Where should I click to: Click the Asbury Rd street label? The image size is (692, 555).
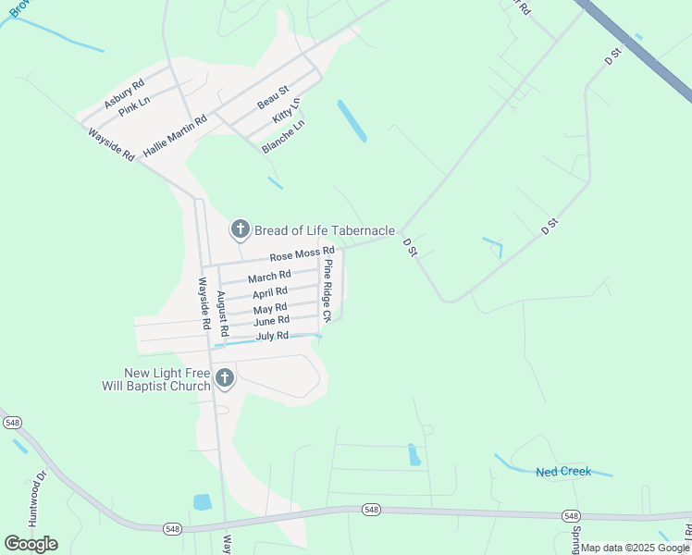[124, 94]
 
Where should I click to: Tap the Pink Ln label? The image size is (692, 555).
[135, 107]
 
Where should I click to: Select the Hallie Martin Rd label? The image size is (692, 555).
[175, 134]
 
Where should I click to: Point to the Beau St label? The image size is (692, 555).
[273, 94]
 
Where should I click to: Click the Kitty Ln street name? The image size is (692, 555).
[287, 112]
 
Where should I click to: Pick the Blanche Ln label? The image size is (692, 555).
[283, 136]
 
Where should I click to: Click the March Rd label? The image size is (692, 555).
[269, 277]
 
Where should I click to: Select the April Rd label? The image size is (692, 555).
[270, 292]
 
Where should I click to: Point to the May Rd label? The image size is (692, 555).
[270, 308]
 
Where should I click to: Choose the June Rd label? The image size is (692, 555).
[271, 321]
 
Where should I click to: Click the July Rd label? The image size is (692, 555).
[273, 336]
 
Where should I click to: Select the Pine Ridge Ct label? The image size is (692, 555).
[327, 290]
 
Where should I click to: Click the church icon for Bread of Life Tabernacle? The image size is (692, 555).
[240, 228]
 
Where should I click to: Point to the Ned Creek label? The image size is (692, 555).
[563, 472]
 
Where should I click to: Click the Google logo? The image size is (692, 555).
[31, 544]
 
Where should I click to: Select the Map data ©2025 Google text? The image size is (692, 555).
[636, 548]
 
